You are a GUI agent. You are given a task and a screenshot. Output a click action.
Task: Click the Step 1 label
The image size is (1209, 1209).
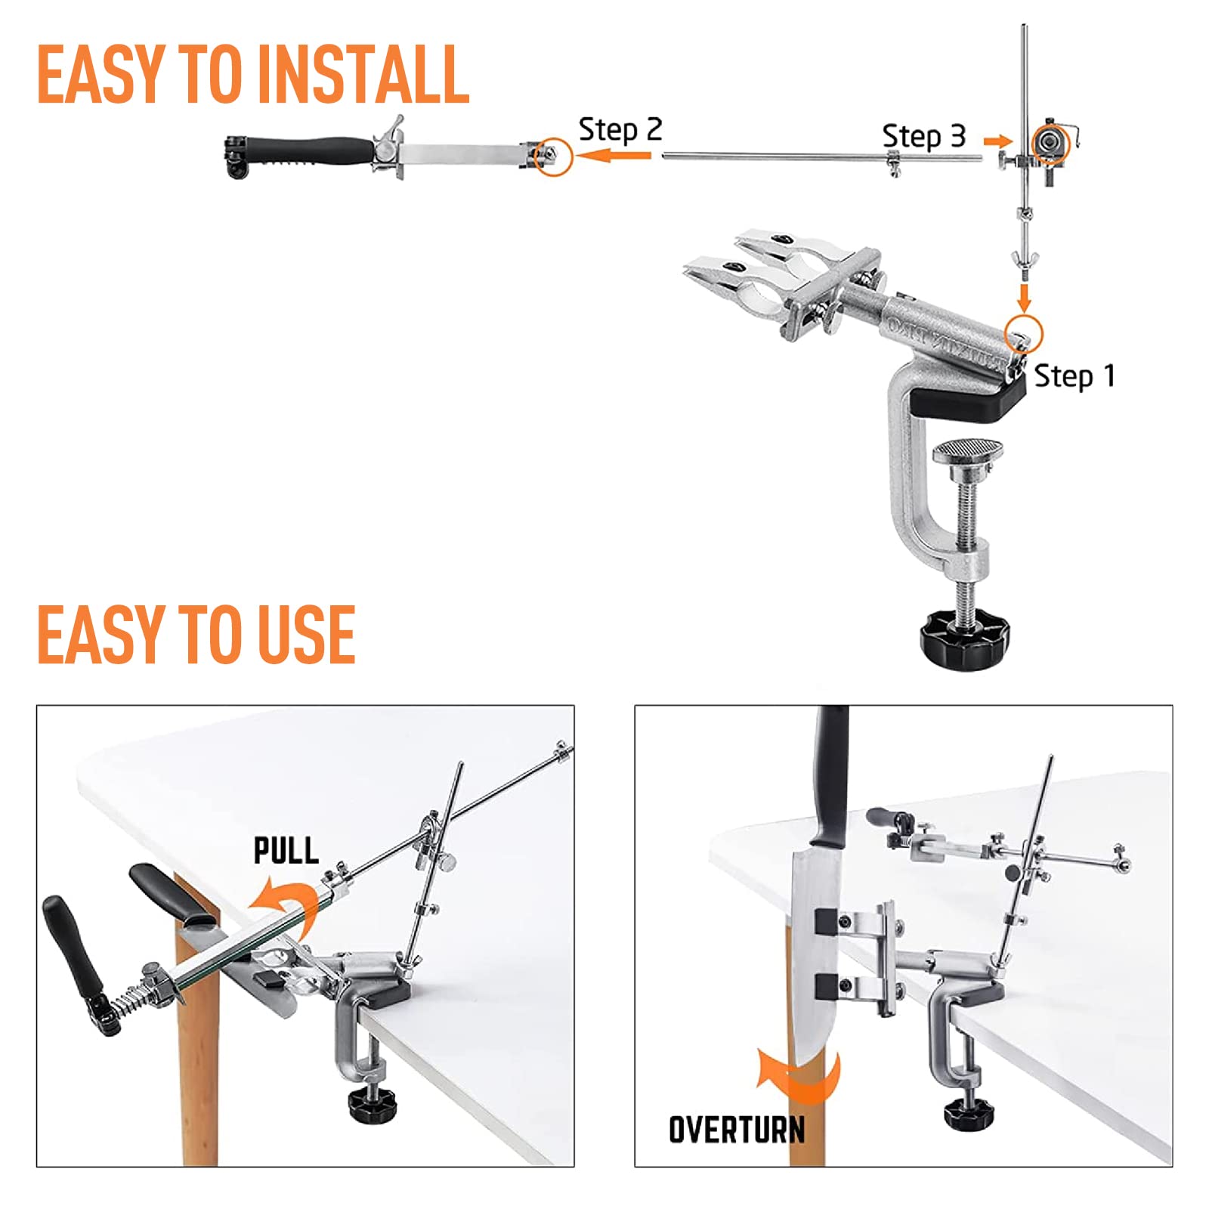pos(1074,376)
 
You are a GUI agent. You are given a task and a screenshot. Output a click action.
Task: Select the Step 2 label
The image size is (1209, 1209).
pos(620,130)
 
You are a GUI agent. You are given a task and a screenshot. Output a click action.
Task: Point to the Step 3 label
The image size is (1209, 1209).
pos(923,137)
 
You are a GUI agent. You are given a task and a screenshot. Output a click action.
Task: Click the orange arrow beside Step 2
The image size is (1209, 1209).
pos(612,156)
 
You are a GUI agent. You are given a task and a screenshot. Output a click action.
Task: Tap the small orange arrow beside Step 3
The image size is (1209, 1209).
pos(997,141)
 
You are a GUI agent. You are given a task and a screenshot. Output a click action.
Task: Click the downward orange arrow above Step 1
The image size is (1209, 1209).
pos(1024,298)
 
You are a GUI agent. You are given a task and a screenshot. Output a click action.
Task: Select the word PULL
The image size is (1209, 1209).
pos(286,851)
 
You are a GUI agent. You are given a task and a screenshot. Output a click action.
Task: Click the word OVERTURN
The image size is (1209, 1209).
pos(737,1130)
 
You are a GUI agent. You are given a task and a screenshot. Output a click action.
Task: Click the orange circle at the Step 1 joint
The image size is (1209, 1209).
pos(1024,333)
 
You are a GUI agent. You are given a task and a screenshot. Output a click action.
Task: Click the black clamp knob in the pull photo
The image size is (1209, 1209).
pos(373,1104)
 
